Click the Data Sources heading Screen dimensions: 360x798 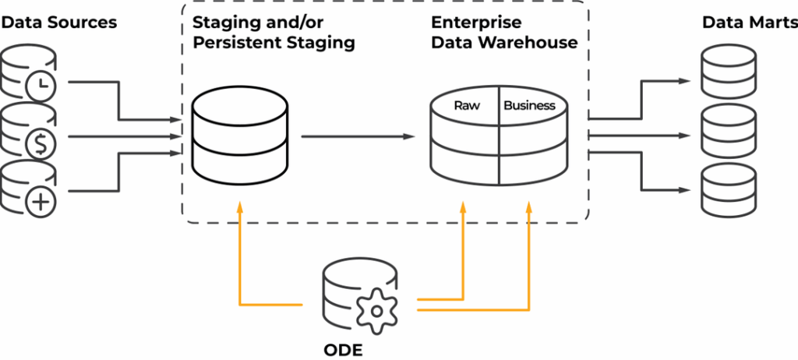coord(59,22)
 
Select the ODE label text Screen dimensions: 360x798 coord(343,348)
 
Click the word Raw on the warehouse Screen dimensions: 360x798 coord(467,105)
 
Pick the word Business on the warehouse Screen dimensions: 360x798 coord(530,105)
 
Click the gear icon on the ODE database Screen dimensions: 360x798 coord(376,309)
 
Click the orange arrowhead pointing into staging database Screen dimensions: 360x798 coord(240,206)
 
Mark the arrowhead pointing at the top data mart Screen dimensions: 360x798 coord(686,80)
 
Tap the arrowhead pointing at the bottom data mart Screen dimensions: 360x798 coord(686,189)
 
